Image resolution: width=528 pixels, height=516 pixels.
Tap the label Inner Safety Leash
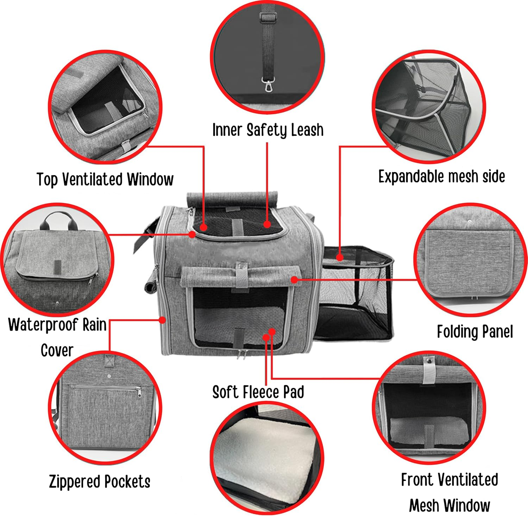[268, 130]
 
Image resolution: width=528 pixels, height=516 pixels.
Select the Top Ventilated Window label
[105, 179]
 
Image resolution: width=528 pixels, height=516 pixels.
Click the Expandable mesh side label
[441, 176]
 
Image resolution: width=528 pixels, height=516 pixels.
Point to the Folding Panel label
[475, 331]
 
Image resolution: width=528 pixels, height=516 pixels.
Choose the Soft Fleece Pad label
[258, 392]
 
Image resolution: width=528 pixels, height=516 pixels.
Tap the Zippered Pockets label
[100, 481]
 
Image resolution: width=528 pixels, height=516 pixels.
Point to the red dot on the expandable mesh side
[340, 257]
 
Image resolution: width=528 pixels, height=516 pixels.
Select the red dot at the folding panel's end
[295, 280]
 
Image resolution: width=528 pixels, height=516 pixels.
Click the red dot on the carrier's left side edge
[162, 320]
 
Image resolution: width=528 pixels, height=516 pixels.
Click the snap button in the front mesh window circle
[429, 360]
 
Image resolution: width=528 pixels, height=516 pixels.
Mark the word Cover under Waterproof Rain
[57, 350]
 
